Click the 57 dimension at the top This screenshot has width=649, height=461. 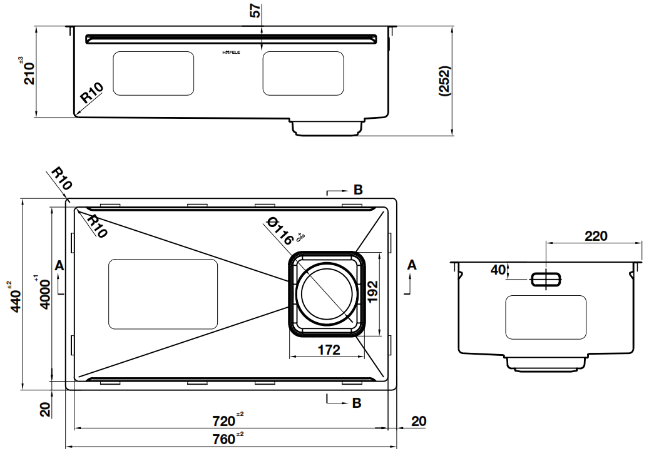tap(255, 13)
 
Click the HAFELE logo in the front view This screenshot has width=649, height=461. tap(236, 53)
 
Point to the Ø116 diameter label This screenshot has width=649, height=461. tap(280, 230)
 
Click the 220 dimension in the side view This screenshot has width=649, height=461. tap(595, 236)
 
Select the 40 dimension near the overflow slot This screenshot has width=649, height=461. tap(498, 270)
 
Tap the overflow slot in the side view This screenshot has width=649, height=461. tap(546, 279)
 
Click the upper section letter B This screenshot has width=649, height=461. tap(357, 190)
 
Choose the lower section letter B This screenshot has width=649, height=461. tap(357, 403)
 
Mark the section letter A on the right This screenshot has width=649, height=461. tap(411, 265)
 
